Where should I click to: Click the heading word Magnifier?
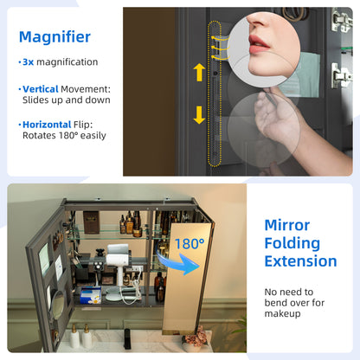pyautogui.click(x=55, y=37)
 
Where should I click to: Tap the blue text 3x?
pyautogui.click(x=29, y=61)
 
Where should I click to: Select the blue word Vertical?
pyautogui.click(x=41, y=89)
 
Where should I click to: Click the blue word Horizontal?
pyautogui.click(x=47, y=125)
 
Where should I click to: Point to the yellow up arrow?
pyautogui.click(x=199, y=72)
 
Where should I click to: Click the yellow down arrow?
pyautogui.click(x=199, y=115)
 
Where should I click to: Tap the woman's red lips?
pyautogui.click(x=259, y=44)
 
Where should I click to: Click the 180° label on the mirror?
pyautogui.click(x=190, y=244)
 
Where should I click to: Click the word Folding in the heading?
pyautogui.click(x=292, y=244)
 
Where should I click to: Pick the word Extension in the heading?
pyautogui.click(x=300, y=261)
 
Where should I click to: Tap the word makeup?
pyautogui.click(x=282, y=313)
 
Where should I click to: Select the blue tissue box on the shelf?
pyautogui.click(x=91, y=295)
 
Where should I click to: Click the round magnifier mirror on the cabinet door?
pyautogui.click(x=58, y=305)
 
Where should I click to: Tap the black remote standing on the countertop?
pyautogui.click(x=127, y=338)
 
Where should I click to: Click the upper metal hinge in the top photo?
pyautogui.click(x=341, y=20)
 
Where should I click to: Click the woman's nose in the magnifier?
pyautogui.click(x=258, y=22)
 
